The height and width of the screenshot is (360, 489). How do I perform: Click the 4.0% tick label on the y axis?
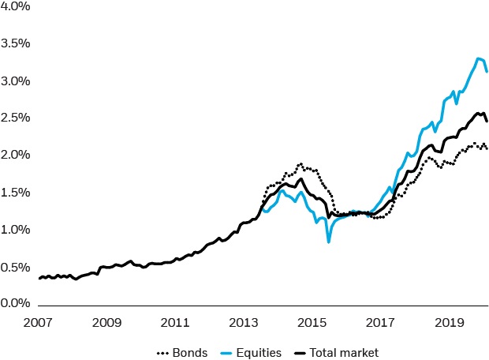click(x=14, y=7)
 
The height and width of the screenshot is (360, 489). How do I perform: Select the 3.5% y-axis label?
click(x=14, y=43)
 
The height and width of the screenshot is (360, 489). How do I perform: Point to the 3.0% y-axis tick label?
click(x=14, y=81)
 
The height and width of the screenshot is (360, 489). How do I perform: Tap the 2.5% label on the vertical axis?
click(x=14, y=118)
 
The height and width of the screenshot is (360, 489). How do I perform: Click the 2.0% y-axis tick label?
click(x=14, y=155)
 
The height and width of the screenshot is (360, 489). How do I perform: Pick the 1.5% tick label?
click(x=14, y=192)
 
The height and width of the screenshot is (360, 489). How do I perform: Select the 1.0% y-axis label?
click(x=14, y=229)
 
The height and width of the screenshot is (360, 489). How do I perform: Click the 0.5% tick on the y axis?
click(x=14, y=266)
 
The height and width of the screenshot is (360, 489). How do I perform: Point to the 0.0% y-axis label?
click(x=14, y=303)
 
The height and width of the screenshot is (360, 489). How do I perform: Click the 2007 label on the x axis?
click(x=38, y=323)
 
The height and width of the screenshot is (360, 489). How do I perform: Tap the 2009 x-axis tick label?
click(x=106, y=323)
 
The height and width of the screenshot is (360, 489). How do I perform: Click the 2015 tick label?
click(x=312, y=323)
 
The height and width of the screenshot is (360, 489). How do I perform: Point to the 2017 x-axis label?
click(x=381, y=323)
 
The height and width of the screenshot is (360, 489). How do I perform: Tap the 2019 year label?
click(x=450, y=323)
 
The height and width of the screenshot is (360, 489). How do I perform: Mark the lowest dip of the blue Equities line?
click(x=328, y=242)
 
